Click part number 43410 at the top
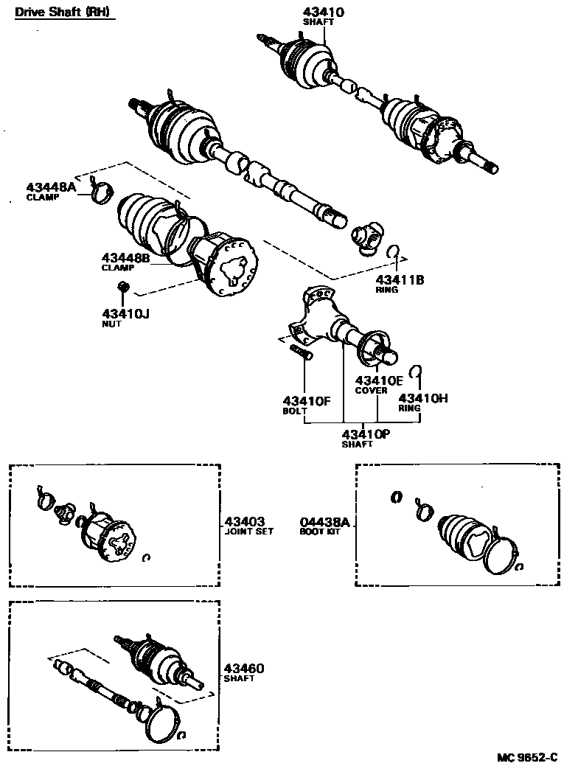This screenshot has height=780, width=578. pyautogui.click(x=323, y=12)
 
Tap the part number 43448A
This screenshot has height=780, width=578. pyautogui.click(x=51, y=188)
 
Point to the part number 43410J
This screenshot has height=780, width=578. pyautogui.click(x=125, y=313)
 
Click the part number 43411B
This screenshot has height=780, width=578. pyautogui.click(x=400, y=279)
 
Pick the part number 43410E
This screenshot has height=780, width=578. pyautogui.click(x=379, y=380)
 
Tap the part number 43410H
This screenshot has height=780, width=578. pyautogui.click(x=424, y=398)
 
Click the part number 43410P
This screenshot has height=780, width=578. pyautogui.click(x=366, y=434)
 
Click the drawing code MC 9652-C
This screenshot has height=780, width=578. pyautogui.click(x=527, y=758)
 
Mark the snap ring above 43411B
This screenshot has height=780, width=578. pyautogui.click(x=394, y=251)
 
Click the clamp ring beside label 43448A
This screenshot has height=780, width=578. pyautogui.click(x=102, y=193)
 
